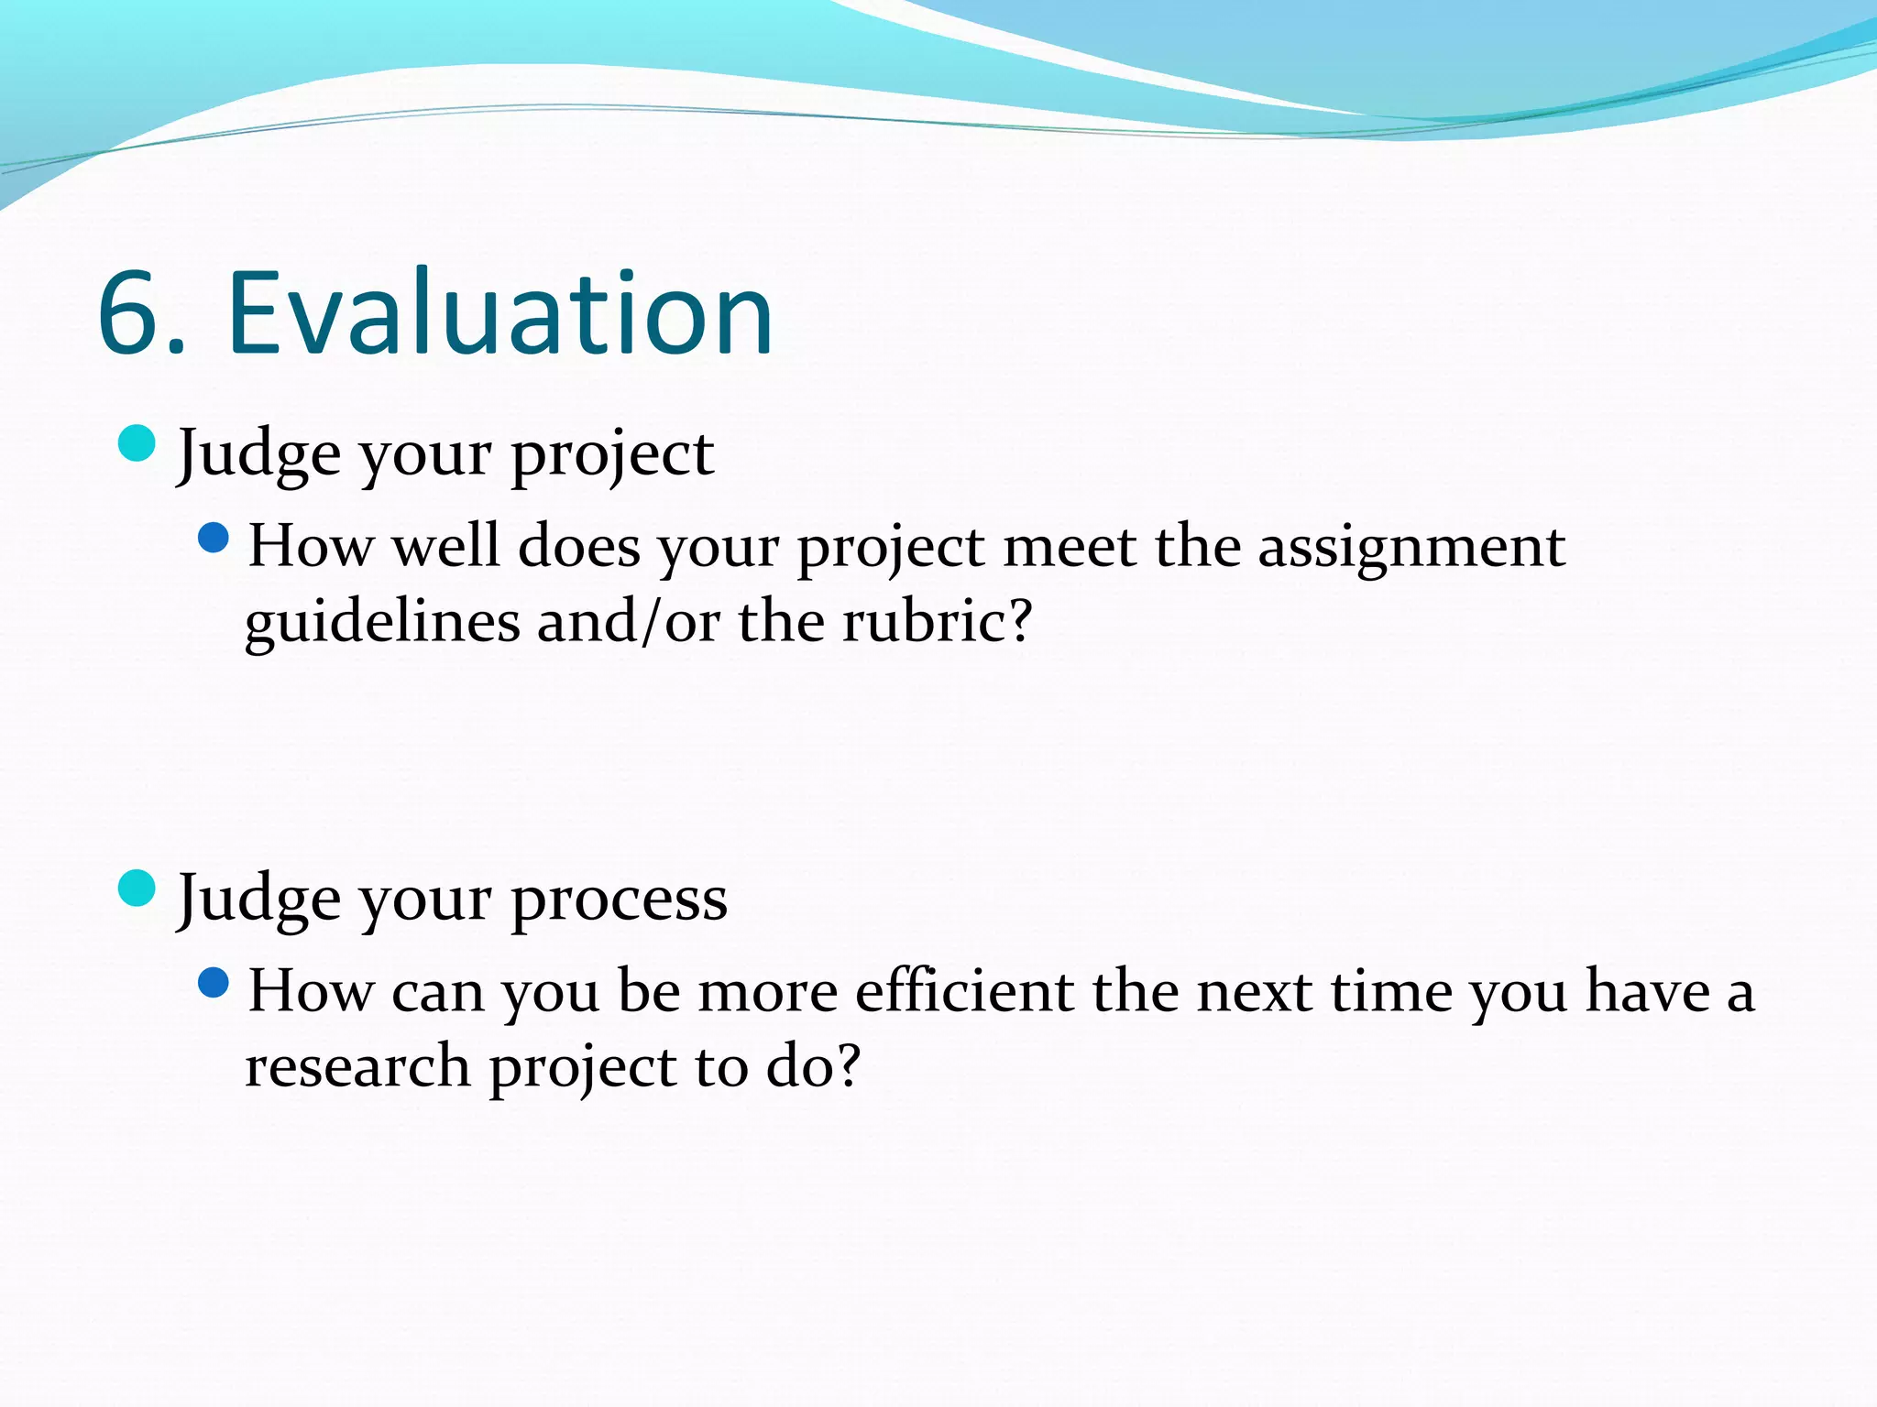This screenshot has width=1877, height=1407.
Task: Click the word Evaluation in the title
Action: [499, 313]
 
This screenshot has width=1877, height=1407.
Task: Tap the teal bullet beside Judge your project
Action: [137, 444]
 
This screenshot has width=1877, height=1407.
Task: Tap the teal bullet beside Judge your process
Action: [137, 889]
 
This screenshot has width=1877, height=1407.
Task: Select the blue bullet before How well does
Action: [214, 538]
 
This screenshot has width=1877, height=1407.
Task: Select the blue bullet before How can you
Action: [214, 983]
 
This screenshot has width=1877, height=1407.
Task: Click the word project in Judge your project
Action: [611, 455]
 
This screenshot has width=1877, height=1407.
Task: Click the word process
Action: [619, 900]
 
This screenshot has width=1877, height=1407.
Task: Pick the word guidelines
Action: [383, 623]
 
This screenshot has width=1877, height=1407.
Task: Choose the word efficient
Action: [964, 992]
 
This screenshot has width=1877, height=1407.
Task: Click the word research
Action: [357, 1067]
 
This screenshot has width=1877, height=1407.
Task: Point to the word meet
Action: [1070, 548]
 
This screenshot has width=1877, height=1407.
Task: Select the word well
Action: [446, 547]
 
